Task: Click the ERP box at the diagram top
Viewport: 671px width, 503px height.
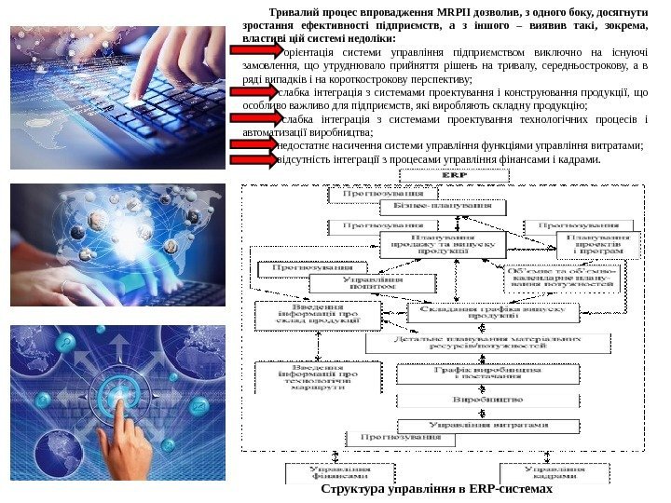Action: (454, 174)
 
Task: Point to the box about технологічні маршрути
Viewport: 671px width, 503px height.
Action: (312, 381)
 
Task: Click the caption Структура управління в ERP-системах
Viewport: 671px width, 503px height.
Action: (436, 489)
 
